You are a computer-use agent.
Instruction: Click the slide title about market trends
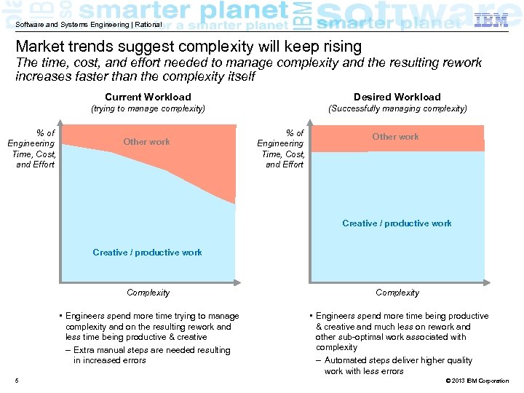[x=188, y=47]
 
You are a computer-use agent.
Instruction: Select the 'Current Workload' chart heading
[x=148, y=97]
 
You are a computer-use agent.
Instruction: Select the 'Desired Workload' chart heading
[x=397, y=97]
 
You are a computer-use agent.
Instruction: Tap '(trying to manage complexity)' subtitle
[x=148, y=108]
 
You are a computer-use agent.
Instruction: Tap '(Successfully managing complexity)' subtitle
[x=397, y=108]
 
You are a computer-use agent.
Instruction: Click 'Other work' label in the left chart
[x=146, y=142]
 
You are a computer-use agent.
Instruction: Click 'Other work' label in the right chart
[x=395, y=137]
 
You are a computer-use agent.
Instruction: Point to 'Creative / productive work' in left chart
[x=147, y=253]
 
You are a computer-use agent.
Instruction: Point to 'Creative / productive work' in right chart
[x=397, y=223]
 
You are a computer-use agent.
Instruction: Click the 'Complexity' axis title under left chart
[x=148, y=293]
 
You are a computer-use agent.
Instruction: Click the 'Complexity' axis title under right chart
[x=397, y=293]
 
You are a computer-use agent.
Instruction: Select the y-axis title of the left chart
[x=31, y=148]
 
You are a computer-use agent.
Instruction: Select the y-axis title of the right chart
[x=280, y=148]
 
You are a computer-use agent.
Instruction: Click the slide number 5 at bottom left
[x=17, y=381]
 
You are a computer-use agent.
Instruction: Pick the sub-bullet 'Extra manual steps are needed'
[x=151, y=355]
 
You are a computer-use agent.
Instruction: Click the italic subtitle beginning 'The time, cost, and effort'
[x=248, y=69]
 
